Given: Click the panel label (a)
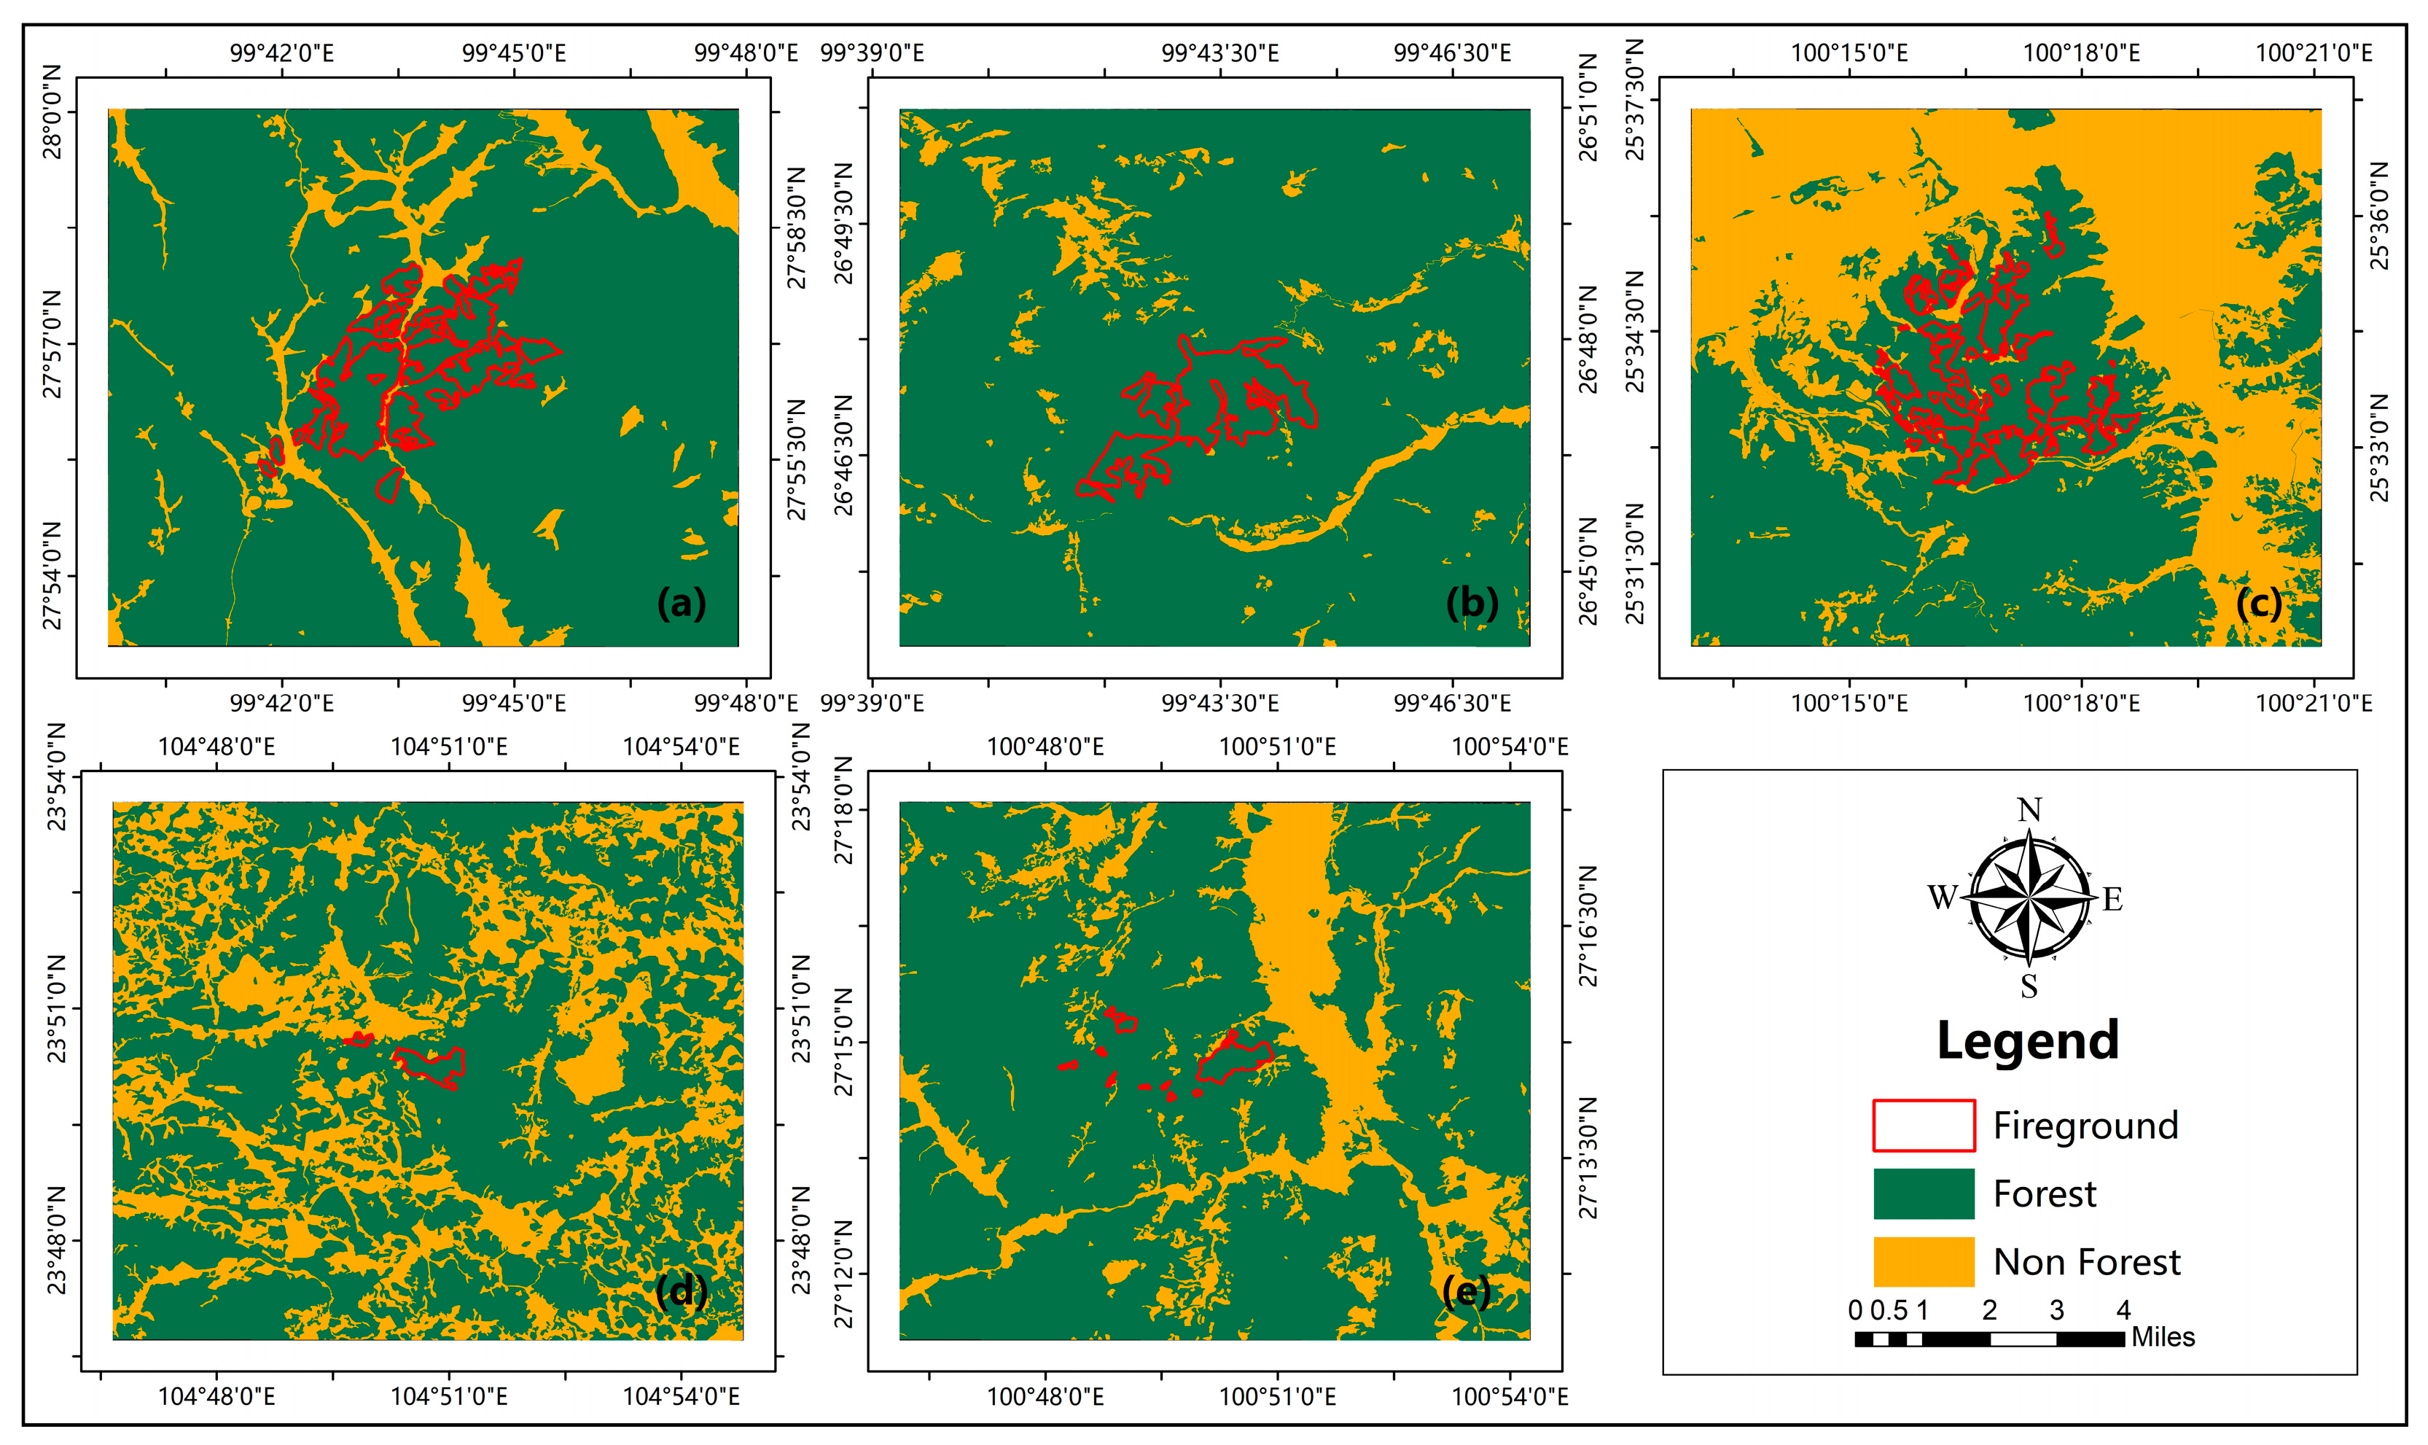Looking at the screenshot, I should pos(681,604).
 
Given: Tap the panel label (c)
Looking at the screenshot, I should pos(2259,604).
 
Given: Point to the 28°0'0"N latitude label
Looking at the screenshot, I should pos(52,112).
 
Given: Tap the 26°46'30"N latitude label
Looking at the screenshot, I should pos(844,455).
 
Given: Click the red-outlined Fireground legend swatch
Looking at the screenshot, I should pos(1923,1126).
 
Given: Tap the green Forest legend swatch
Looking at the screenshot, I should pos(1923,1193).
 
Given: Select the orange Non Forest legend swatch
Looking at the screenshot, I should pos(1923,1262).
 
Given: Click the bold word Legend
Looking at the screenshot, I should pos(2027,1040).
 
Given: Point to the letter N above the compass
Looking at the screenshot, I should pos(2029,810).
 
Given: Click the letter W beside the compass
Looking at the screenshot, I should pos(1943,897).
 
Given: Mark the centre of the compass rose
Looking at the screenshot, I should pos(2029,897).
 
